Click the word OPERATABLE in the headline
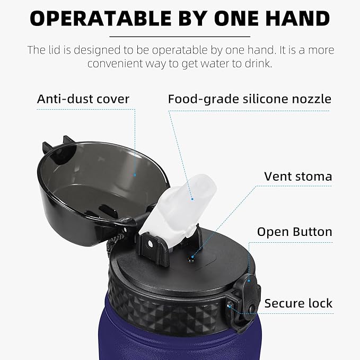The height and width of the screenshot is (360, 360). tap(101, 19)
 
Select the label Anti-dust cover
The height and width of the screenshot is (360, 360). tap(83, 99)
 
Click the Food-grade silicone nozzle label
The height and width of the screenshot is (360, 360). tap(250, 99)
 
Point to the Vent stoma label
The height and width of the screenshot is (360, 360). tap(298, 177)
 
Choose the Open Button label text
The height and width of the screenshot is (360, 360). tap(295, 232)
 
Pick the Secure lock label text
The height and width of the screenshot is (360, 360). tap(298, 303)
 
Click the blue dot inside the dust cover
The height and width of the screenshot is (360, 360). tap(135, 175)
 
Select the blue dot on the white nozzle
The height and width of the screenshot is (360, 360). tap(192, 199)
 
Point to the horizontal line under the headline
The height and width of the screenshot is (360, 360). tap(180, 37)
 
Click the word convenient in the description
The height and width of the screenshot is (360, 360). tap(115, 64)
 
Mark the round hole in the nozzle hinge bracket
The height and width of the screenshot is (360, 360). tap(150, 244)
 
